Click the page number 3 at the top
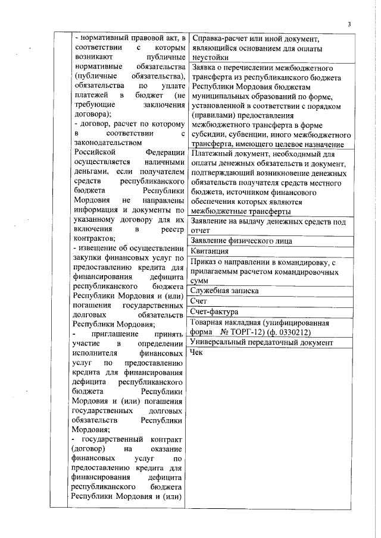coord(349,23)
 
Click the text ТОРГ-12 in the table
coord(249,332)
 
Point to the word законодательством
coord(107,143)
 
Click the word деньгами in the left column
coord(89,171)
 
